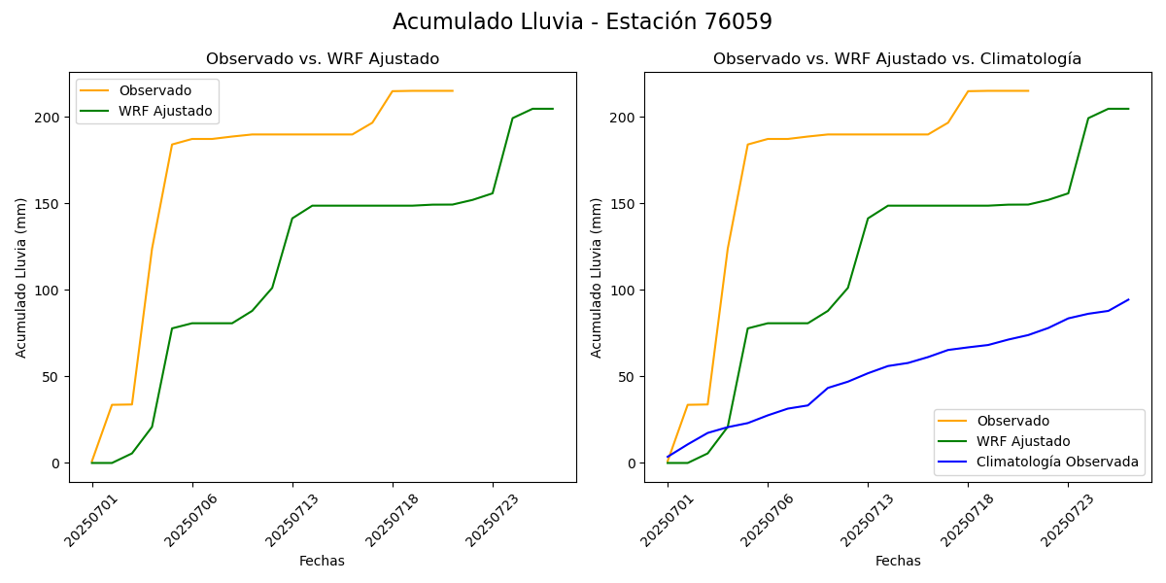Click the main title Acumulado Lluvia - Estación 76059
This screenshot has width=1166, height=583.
tap(582, 22)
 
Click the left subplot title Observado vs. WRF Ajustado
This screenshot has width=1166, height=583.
tap(322, 59)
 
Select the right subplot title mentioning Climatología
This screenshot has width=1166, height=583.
tap(897, 59)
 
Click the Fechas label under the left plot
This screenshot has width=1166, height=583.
tap(322, 561)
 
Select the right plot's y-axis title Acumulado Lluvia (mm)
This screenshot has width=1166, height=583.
tap(598, 277)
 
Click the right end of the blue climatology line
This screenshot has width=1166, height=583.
tap(1128, 299)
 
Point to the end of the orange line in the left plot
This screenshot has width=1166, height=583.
tap(453, 90)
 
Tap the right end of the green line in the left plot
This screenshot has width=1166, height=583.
tap(553, 109)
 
